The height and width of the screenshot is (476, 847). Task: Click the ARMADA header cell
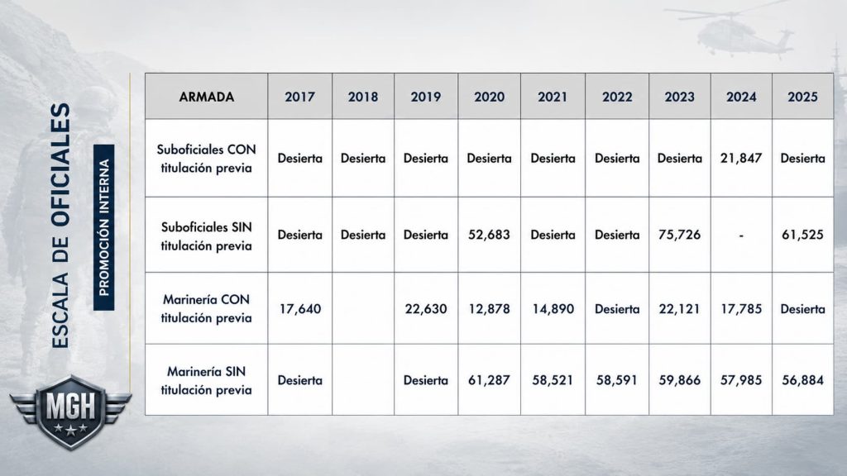click(206, 97)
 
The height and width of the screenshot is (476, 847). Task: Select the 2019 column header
click(426, 97)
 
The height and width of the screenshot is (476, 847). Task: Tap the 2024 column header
click(741, 97)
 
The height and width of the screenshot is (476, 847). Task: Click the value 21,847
click(741, 158)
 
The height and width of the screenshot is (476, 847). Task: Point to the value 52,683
click(489, 235)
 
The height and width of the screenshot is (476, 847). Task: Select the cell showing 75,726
click(680, 235)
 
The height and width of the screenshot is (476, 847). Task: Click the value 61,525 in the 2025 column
click(802, 235)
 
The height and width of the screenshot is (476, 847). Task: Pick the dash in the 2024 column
click(741, 236)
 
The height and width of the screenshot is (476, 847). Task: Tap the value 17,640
click(299, 309)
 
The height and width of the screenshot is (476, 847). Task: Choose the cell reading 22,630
click(426, 309)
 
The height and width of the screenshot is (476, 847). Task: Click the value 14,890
click(553, 309)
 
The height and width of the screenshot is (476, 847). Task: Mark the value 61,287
click(489, 380)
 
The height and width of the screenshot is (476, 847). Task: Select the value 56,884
click(802, 380)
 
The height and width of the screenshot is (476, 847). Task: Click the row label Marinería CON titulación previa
click(206, 309)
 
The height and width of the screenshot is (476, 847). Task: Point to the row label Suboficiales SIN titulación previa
click(206, 236)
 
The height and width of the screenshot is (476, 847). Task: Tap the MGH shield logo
click(70, 412)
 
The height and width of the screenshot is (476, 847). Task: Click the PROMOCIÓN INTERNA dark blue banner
click(103, 227)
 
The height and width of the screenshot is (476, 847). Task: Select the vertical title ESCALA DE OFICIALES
click(60, 226)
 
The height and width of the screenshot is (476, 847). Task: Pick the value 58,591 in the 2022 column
click(617, 380)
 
